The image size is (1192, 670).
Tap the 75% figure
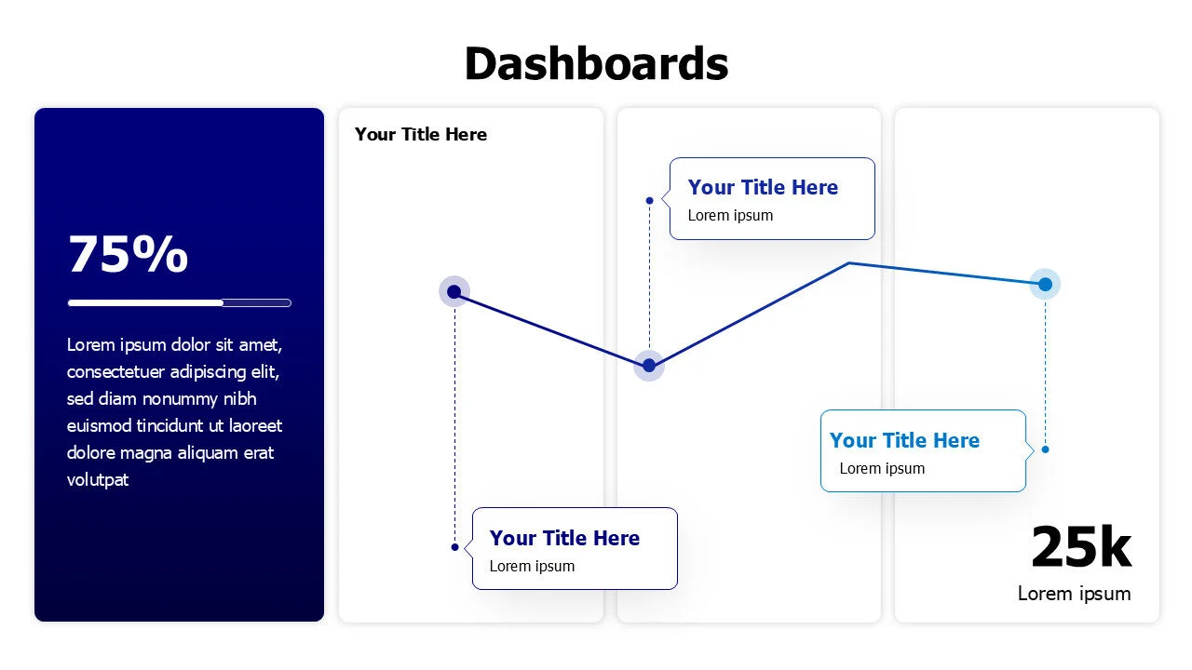pos(128,254)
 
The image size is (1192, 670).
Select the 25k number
pos(1080,546)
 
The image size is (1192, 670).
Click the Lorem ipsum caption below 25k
pos(1074,594)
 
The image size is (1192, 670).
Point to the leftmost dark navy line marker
pos(454,291)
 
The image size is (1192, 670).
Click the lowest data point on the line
pos(649,366)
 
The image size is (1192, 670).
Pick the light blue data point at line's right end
pos(1045,284)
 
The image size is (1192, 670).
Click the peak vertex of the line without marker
pos(848,263)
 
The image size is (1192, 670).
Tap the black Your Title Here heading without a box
pos(421,134)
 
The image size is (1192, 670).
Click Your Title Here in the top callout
pos(763,187)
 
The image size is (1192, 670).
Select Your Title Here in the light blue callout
pos(904,440)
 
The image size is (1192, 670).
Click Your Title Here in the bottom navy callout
pos(564,538)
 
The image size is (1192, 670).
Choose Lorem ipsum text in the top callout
pos(730,215)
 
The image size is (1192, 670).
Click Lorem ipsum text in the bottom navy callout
pos(532,566)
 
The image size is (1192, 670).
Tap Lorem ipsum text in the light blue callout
pos(882,468)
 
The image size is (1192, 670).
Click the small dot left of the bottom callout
pos(454,547)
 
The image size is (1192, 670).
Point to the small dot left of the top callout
pos(649,200)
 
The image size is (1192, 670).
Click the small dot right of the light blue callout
pos(1045,449)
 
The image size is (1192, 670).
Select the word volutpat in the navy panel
pos(98,480)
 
